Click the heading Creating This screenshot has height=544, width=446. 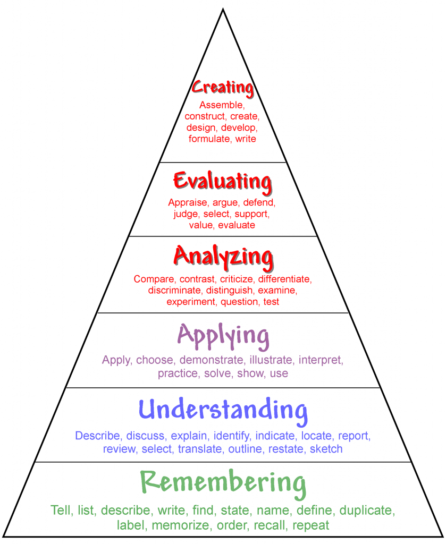tap(223, 88)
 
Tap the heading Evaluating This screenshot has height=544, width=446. tap(223, 182)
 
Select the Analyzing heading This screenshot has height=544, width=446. tap(223, 258)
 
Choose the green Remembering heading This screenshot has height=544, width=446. tap(223, 483)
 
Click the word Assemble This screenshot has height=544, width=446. tap(222, 105)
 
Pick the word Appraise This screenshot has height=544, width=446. tap(188, 203)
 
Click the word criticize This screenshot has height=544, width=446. tap(237, 279)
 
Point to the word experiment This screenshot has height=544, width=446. tap(191, 302)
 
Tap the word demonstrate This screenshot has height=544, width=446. tap(212, 360)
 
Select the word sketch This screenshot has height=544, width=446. tap(326, 449)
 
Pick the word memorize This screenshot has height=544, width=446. tap(181, 525)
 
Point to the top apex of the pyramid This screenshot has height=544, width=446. tap(223, 8)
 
